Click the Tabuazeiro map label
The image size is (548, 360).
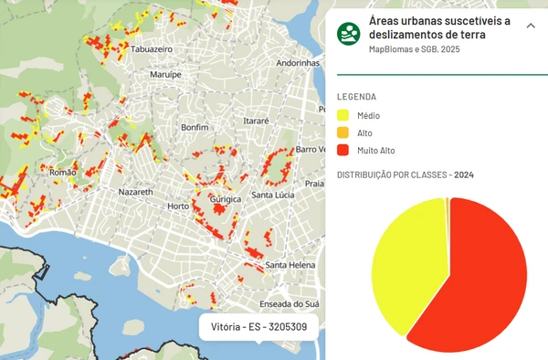[153, 50]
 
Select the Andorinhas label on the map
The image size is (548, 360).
[300, 63]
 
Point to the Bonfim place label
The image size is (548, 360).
[196, 127]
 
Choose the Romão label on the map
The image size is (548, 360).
[62, 171]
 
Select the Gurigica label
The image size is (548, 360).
[224, 198]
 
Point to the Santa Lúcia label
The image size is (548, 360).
[272, 195]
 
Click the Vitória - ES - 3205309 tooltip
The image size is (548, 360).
[258, 326]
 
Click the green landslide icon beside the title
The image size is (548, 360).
[348, 34]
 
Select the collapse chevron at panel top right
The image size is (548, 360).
[531, 26]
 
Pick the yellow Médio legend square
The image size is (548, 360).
[343, 116]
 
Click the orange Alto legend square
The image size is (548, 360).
[343, 133]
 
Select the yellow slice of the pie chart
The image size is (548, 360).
[402, 265]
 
